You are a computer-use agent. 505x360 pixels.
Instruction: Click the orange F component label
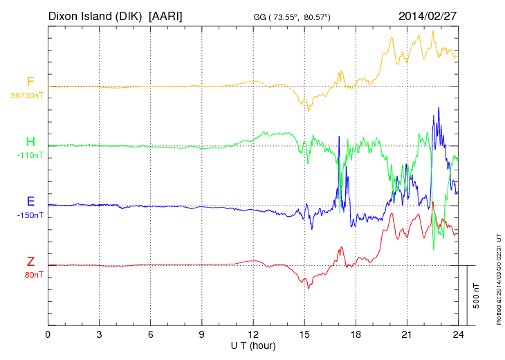30,82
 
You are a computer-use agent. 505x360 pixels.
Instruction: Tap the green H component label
30,142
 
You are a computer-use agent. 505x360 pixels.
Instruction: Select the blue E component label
30,201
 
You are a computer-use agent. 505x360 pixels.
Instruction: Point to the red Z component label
30,261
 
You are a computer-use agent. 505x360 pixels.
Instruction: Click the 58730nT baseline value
26,96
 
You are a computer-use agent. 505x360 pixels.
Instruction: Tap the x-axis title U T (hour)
253,345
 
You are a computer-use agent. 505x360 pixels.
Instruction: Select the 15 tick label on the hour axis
304,334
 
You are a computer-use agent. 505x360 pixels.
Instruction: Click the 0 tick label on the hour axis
48,334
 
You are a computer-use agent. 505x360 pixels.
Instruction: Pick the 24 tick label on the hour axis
458,334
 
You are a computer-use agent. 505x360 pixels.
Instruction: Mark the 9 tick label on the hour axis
202,334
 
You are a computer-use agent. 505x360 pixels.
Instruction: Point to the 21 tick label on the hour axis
407,334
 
